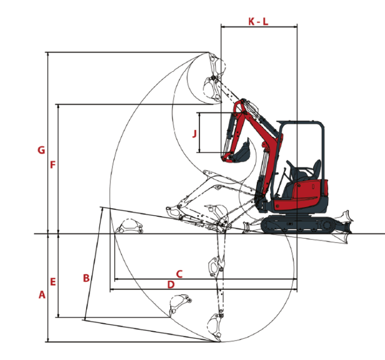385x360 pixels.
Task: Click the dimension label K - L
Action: [259, 21]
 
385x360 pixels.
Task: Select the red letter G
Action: [41, 150]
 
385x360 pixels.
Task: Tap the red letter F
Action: [52, 164]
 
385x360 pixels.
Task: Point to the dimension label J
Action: [194, 133]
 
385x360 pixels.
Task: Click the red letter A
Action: [42, 295]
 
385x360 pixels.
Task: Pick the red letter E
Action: [53, 282]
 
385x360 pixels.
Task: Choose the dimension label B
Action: [86, 277]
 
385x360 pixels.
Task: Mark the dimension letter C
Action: [179, 273]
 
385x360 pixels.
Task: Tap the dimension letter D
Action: [170, 284]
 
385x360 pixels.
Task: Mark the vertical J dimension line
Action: [200, 133]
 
